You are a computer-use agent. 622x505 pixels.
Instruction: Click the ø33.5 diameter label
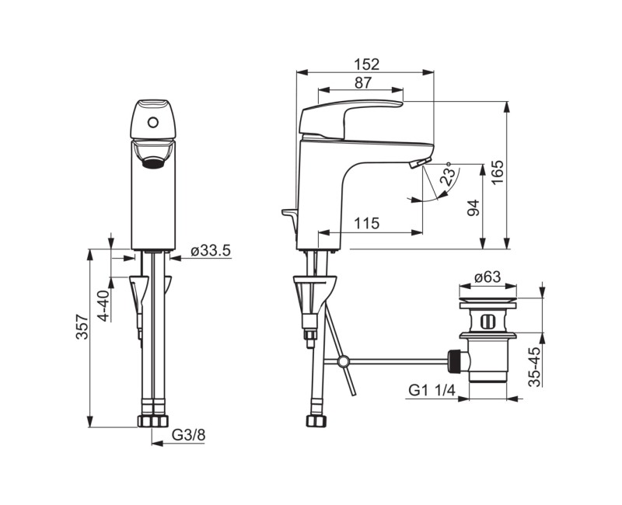point(211,250)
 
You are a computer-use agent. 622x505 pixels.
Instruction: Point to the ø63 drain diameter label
point(486,277)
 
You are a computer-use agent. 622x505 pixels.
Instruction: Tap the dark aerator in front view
point(154,162)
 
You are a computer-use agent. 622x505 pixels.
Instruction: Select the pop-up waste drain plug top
point(487,297)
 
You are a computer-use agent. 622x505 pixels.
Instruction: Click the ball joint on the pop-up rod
point(342,360)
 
